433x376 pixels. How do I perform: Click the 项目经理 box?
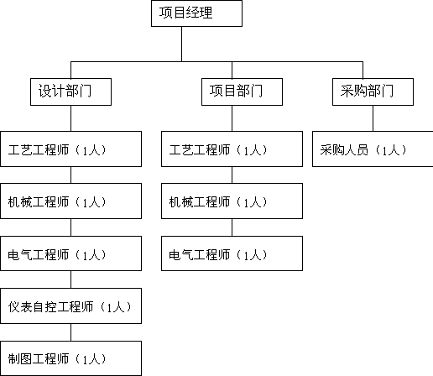[196, 13]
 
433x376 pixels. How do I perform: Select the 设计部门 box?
[70, 91]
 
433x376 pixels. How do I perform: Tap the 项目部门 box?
[242, 91]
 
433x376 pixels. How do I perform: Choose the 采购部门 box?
[373, 91]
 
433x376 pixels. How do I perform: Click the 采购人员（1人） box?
[373, 149]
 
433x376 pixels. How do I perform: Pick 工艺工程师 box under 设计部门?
[70, 149]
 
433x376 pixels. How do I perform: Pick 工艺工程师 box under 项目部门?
[232, 149]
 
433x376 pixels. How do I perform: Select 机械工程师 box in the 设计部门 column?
[70, 201]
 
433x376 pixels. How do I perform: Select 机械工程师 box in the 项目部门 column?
[232, 201]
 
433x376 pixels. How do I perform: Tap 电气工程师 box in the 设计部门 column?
[70, 253]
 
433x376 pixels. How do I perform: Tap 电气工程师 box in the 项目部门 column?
[232, 253]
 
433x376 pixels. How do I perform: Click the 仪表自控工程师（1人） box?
[70, 305]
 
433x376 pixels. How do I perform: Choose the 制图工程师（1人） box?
[70, 358]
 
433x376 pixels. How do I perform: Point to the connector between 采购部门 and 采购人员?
[373, 118]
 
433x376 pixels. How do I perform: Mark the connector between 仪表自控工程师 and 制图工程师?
[70, 332]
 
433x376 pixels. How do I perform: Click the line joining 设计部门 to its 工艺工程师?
[70, 118]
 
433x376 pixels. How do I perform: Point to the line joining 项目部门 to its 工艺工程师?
[232, 118]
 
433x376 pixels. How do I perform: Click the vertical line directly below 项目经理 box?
[181, 44]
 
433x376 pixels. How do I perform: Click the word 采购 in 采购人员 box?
[332, 149]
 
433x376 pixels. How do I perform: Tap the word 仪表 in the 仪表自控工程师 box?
[20, 307]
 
